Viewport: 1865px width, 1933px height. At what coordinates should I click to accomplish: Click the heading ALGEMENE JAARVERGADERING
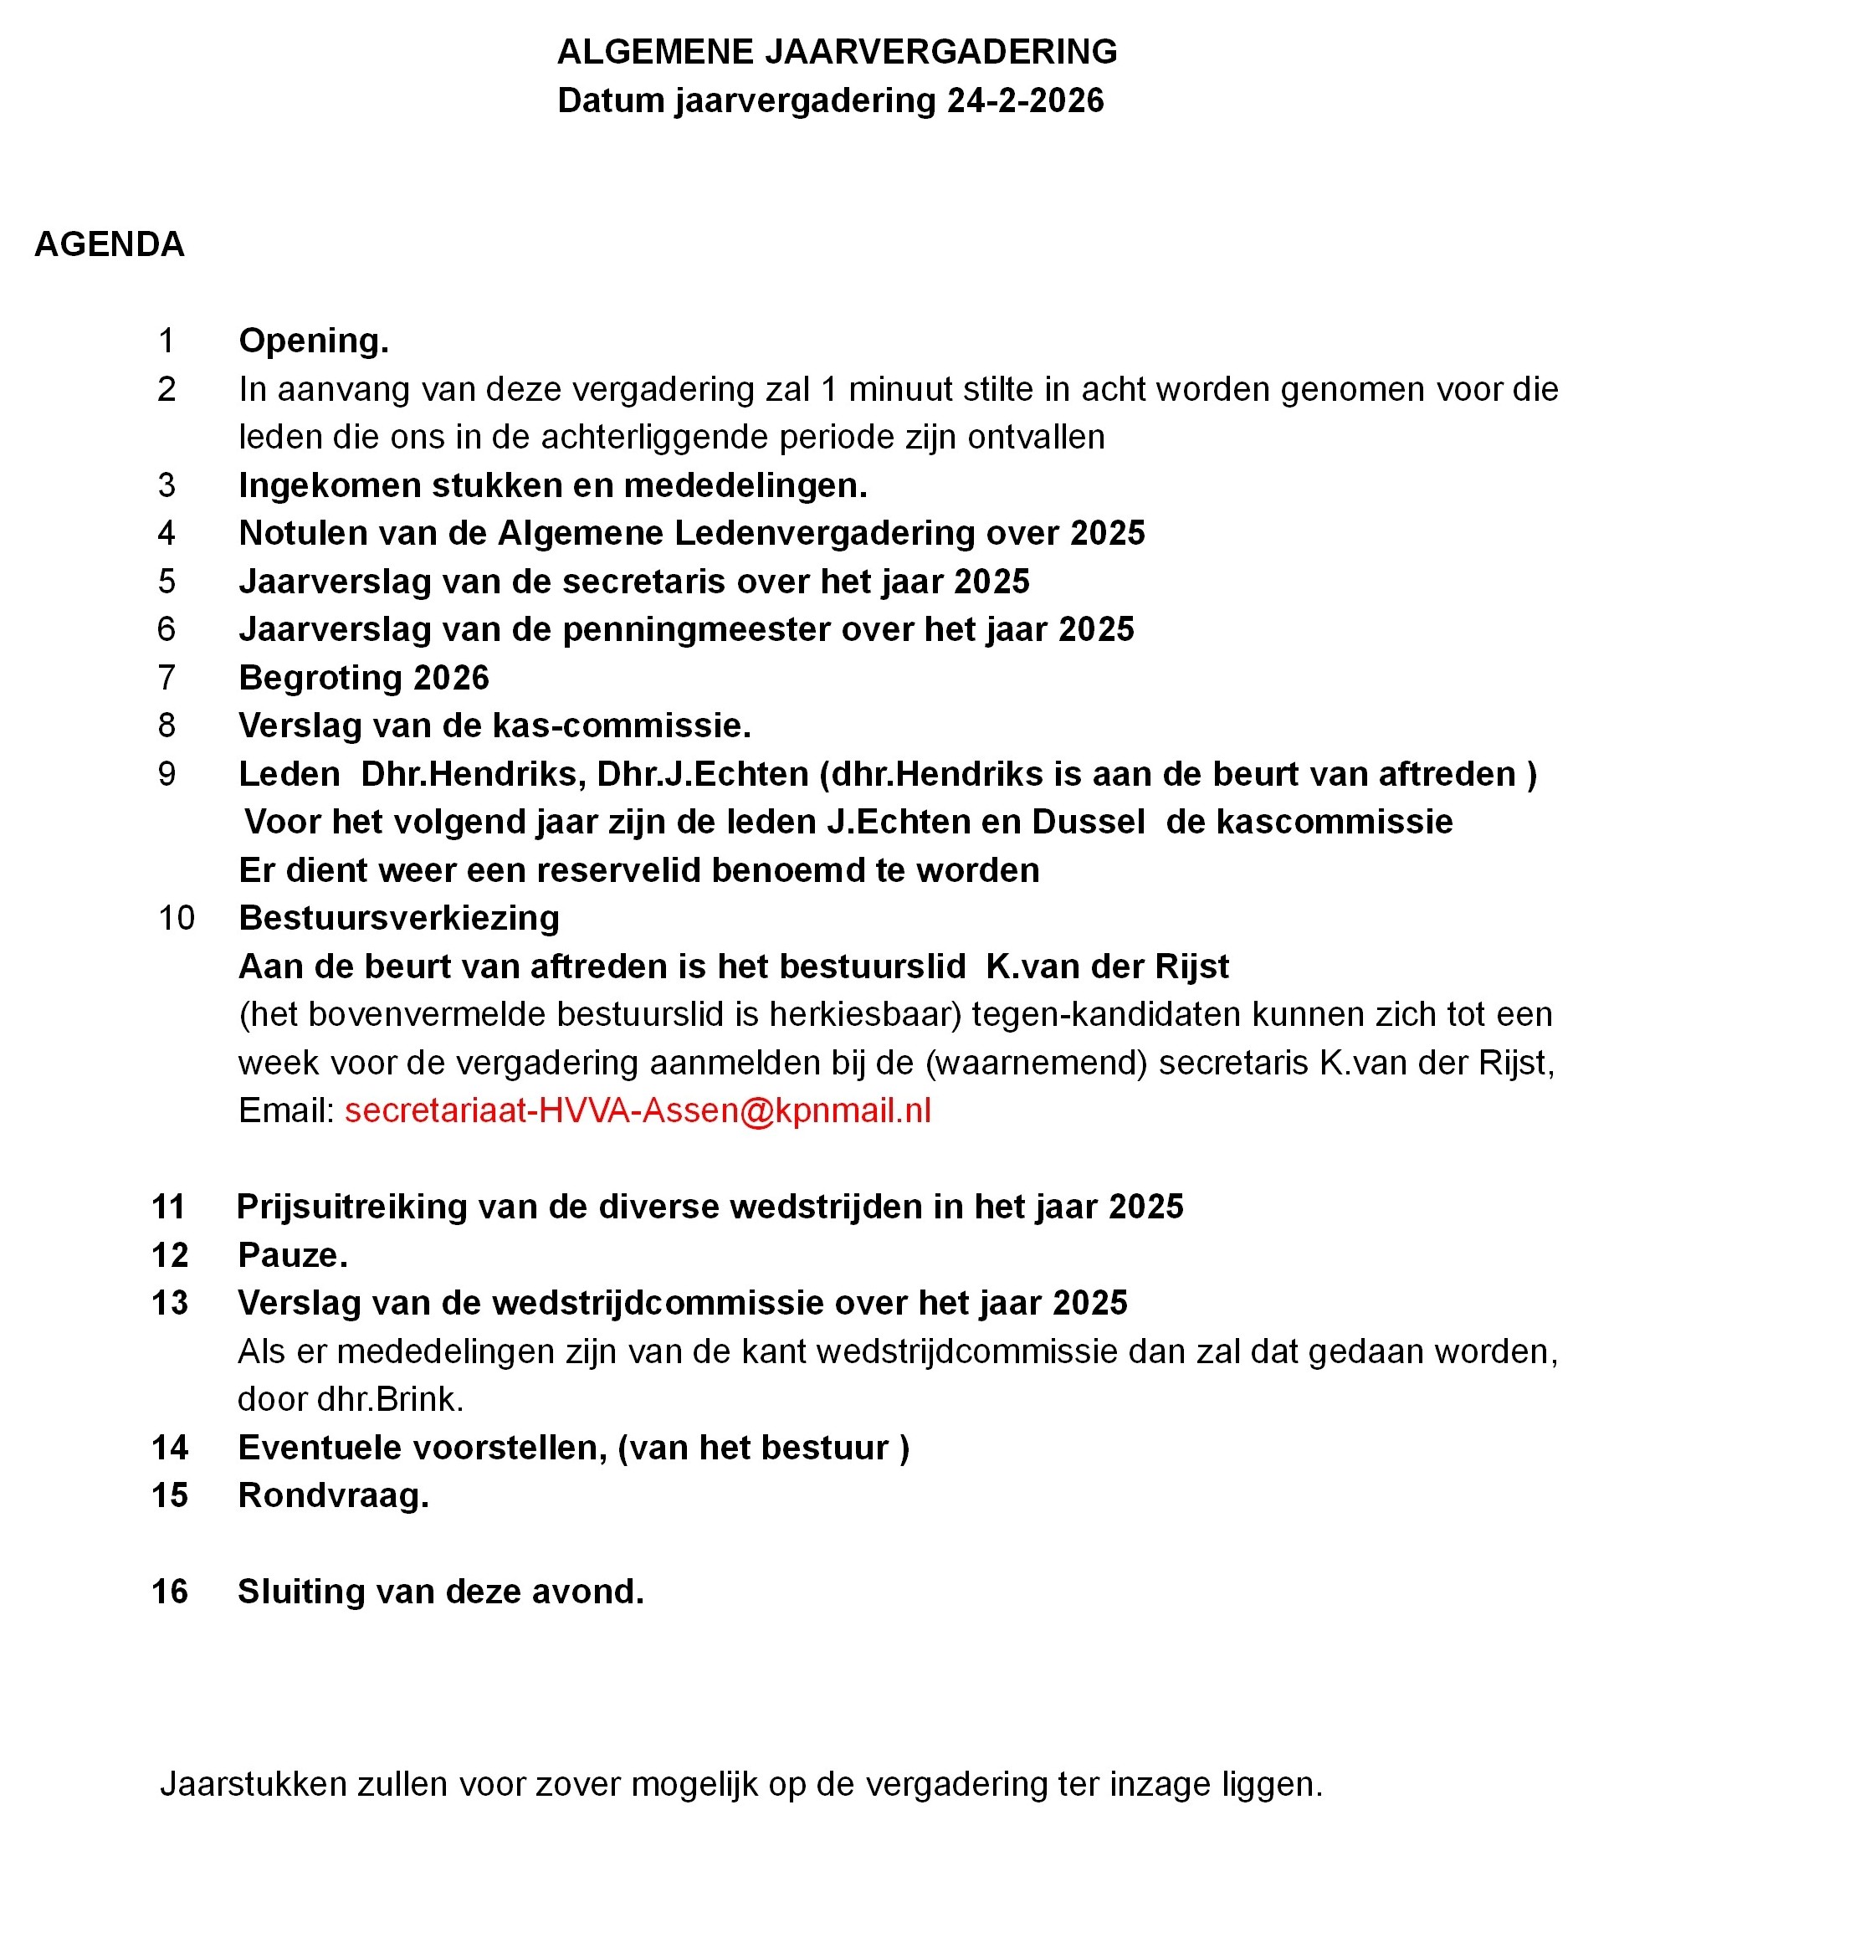[x=837, y=51]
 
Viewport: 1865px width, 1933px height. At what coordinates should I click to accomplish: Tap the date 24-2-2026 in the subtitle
[x=1025, y=100]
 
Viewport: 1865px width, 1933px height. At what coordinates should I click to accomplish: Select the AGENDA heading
[x=110, y=244]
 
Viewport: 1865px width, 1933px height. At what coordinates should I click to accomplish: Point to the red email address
[x=637, y=1110]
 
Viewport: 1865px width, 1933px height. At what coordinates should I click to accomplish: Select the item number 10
[x=177, y=918]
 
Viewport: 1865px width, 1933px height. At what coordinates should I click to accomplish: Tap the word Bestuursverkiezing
[x=398, y=918]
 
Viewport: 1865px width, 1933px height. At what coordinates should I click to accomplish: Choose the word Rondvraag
[x=331, y=1495]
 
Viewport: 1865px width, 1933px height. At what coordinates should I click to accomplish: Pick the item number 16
[x=170, y=1592]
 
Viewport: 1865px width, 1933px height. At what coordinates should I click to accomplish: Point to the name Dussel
[x=1088, y=822]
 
